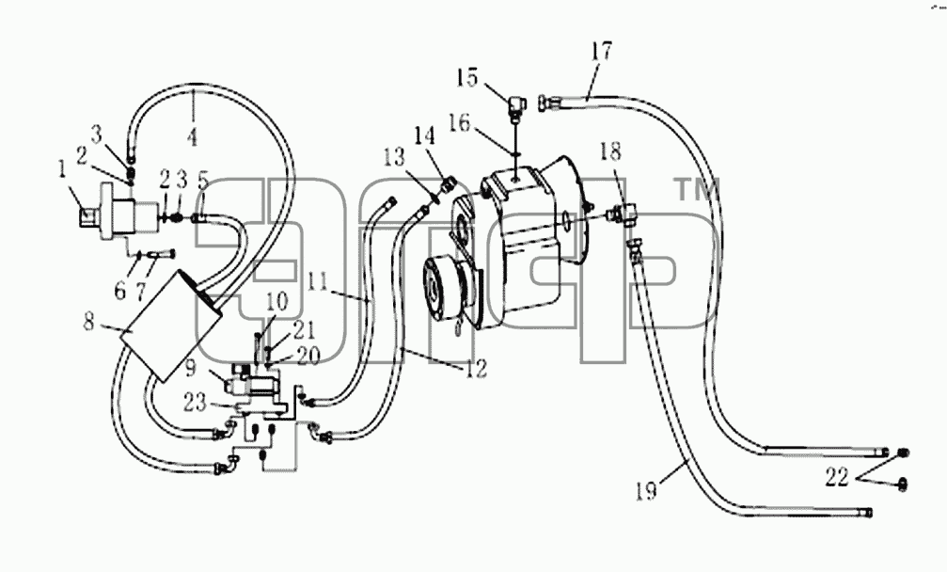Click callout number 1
(x=62, y=169)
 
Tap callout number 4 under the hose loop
(x=193, y=137)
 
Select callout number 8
(x=89, y=322)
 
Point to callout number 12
(x=477, y=368)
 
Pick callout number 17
(x=602, y=51)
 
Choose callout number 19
(x=646, y=490)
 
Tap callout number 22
(x=838, y=478)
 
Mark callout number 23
(x=196, y=402)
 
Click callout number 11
(x=318, y=281)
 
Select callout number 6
(x=120, y=290)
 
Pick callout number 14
(x=424, y=136)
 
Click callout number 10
(x=277, y=301)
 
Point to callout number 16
(x=459, y=123)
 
